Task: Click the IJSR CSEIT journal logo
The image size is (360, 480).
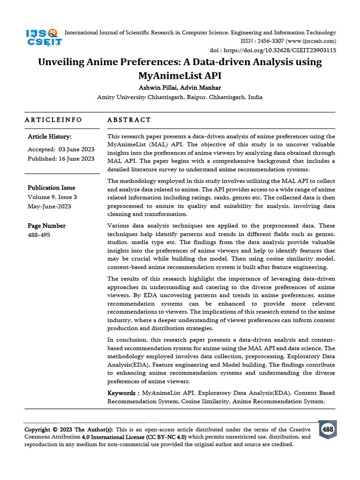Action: [x=43, y=37]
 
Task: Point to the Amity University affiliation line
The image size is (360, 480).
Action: [x=180, y=97]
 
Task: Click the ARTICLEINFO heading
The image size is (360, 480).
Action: [x=53, y=120]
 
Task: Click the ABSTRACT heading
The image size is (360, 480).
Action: [x=129, y=120]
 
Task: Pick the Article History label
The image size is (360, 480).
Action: [x=49, y=137]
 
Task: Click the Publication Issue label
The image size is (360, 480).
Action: [x=52, y=188]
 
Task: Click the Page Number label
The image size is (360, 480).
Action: [x=46, y=226]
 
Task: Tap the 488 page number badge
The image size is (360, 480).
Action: [x=328, y=429]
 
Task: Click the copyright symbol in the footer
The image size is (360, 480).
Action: [x=55, y=430]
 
